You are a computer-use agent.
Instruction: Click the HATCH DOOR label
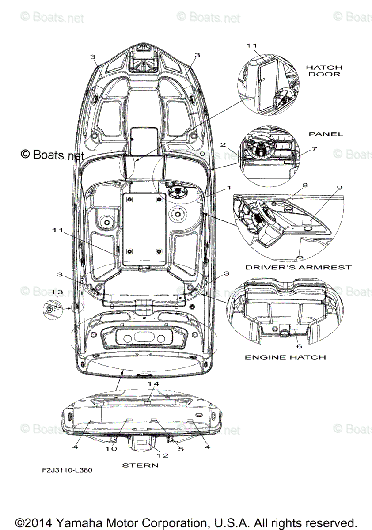(x=324, y=71)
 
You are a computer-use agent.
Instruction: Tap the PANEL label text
(x=326, y=134)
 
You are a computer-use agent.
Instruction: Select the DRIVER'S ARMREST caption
(x=298, y=267)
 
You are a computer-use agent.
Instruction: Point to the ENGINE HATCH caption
(x=285, y=357)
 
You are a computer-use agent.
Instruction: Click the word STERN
(x=140, y=465)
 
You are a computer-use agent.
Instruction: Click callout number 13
(x=57, y=292)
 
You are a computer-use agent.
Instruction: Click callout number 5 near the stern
(x=180, y=449)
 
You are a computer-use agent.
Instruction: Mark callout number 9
(x=339, y=187)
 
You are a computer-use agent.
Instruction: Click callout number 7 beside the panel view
(x=314, y=149)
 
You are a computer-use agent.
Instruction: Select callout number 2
(x=223, y=145)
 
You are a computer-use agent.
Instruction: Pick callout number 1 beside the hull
(x=228, y=187)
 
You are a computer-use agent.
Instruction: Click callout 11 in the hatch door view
(x=251, y=45)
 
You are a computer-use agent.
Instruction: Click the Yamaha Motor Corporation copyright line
(x=186, y=522)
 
